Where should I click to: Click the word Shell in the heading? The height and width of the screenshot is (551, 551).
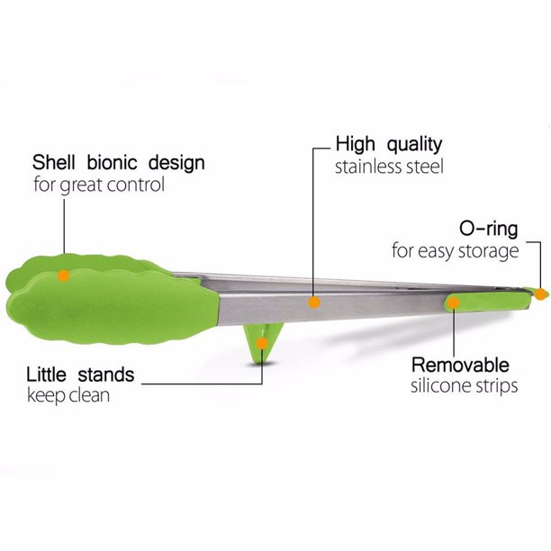pos(54,163)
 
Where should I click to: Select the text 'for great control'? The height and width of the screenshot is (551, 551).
pos(98,185)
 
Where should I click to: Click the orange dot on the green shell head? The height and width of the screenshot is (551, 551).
pos(63,275)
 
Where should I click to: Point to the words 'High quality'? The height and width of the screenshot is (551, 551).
pos(389,144)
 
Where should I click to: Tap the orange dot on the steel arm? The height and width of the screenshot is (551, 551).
pos(314,302)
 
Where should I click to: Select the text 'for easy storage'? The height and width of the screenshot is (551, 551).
pos(455,250)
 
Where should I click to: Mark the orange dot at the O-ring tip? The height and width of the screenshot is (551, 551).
pos(540,293)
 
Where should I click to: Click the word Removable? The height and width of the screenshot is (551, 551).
pos(460,365)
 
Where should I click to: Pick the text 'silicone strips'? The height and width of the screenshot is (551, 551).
pos(465,386)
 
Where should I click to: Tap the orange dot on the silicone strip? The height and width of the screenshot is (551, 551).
pos(454,303)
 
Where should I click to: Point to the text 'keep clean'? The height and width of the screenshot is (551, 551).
pos(68,395)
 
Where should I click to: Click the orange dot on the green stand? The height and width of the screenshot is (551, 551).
pos(261,342)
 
